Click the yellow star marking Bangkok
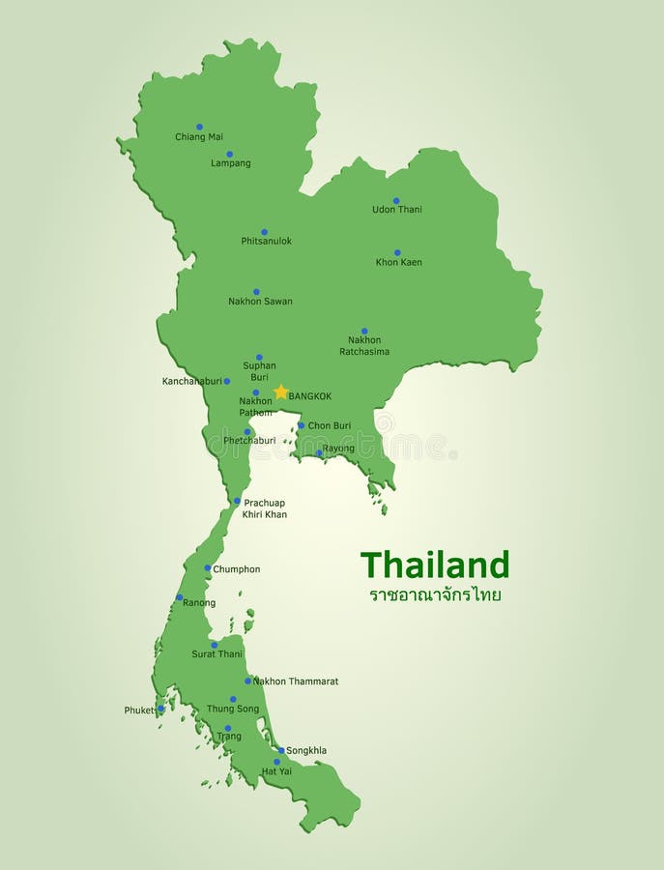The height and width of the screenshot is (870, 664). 281,392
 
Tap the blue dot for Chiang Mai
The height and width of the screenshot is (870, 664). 199,127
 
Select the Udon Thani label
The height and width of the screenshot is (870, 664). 397,210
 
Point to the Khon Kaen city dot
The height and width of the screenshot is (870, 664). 397,252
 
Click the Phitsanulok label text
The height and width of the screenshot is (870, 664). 266,242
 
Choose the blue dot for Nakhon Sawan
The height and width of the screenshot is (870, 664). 256,291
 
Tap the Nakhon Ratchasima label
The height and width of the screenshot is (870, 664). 364,346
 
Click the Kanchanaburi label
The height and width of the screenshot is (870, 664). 191,382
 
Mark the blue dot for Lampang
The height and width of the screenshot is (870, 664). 229,154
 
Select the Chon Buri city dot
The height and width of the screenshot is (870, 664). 301,425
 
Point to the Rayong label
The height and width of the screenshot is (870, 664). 338,449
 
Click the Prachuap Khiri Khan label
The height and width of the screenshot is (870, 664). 265,508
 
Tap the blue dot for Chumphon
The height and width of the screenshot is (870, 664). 208,568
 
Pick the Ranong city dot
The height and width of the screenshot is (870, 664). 179,597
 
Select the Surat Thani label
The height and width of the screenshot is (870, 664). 217,654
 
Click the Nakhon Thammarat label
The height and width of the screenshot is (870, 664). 296,681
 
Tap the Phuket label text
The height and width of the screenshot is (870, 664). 139,710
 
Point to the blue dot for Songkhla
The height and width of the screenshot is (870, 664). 281,750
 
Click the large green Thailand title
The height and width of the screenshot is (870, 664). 434,565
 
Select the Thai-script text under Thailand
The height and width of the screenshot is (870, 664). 435,595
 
